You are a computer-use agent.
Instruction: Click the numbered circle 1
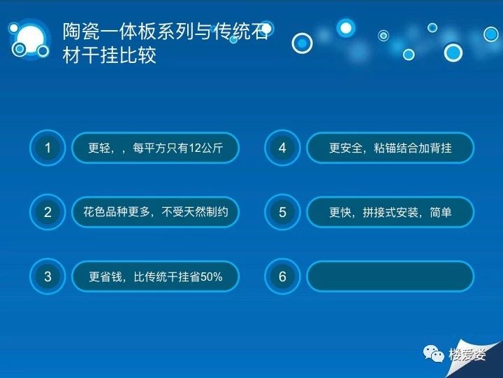[x=48, y=148]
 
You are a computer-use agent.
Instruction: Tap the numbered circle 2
[x=48, y=212]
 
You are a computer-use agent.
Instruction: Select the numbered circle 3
[x=48, y=276]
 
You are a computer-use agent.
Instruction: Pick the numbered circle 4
[x=282, y=148]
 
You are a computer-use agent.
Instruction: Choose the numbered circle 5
[x=282, y=212]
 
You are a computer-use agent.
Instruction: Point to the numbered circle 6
[x=282, y=276]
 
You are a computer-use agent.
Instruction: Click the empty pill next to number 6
[x=390, y=276]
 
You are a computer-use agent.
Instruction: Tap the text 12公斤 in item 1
[x=205, y=148]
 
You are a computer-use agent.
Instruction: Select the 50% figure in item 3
[x=212, y=276]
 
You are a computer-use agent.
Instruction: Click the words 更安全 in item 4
[x=346, y=148]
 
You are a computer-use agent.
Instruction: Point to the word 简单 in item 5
[x=440, y=213]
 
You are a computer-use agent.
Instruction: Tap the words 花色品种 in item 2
[x=105, y=212]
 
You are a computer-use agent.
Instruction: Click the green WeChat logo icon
[x=433, y=354]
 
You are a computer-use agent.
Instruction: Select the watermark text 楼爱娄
[x=467, y=354]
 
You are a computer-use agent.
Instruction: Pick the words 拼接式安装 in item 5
[x=391, y=213]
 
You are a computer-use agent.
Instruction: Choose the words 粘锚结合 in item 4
[x=396, y=148]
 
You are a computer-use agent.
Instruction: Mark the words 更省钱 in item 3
[x=105, y=276]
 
